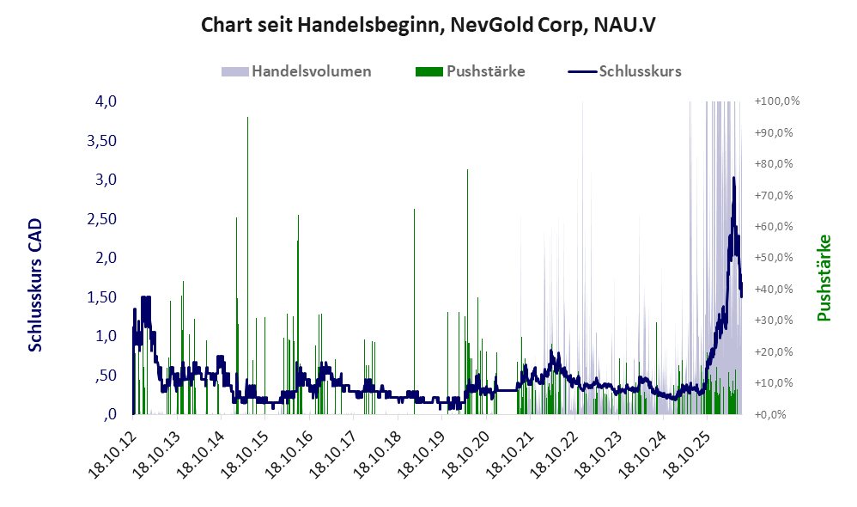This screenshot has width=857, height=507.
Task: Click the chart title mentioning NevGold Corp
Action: (x=428, y=25)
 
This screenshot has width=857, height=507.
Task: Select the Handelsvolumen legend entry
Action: (x=296, y=71)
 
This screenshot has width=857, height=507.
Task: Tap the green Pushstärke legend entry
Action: (x=470, y=71)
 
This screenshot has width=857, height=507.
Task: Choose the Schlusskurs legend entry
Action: (x=624, y=71)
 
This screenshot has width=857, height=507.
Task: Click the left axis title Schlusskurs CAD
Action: (x=35, y=285)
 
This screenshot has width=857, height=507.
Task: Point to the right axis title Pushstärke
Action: (x=824, y=278)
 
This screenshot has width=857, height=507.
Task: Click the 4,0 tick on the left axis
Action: (x=106, y=101)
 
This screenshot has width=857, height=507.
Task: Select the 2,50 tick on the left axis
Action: (x=102, y=219)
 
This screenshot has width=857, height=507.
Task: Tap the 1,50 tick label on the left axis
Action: (x=102, y=297)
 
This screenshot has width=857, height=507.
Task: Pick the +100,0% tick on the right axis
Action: (x=777, y=101)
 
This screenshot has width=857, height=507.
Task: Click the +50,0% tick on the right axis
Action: (x=774, y=258)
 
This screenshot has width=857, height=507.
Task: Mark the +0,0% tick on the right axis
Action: (x=770, y=414)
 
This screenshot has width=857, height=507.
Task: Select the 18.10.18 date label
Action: (x=376, y=455)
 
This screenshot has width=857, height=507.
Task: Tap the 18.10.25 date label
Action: (x=685, y=455)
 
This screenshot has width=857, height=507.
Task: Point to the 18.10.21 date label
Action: (x=508, y=455)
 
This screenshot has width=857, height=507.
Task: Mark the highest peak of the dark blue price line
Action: (x=733, y=178)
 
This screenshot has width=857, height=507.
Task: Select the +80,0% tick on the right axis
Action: (x=774, y=164)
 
